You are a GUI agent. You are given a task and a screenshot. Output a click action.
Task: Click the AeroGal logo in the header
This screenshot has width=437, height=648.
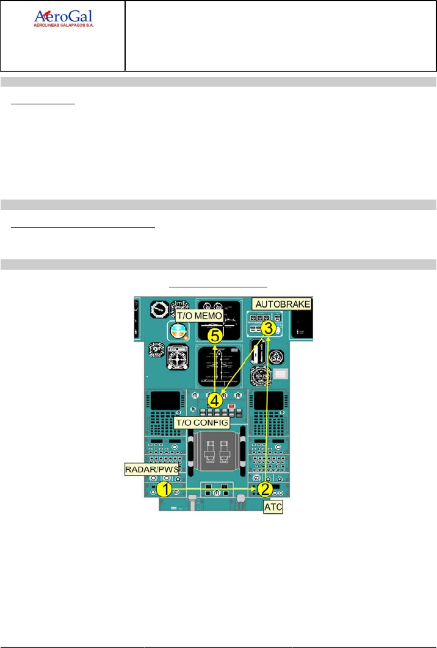[x=63, y=19]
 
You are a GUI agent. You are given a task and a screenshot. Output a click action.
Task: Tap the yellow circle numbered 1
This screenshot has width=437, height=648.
[x=163, y=489]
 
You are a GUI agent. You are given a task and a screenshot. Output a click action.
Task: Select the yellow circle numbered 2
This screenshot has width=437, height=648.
[x=264, y=489]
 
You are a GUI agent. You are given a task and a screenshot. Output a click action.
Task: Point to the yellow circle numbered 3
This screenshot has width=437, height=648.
[x=267, y=327]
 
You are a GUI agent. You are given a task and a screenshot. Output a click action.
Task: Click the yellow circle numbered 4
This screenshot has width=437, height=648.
[x=215, y=400]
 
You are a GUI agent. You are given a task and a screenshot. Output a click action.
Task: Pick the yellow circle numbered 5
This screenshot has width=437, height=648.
[x=214, y=335]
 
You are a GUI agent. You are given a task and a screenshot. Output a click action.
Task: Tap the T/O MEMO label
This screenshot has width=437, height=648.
[x=198, y=316]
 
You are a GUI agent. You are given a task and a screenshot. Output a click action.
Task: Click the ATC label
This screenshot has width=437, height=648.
[x=273, y=507]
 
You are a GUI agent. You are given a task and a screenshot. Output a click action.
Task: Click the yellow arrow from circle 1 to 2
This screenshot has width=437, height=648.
[x=214, y=489]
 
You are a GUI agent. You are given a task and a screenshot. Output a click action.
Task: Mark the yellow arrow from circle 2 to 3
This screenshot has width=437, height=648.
[x=267, y=409]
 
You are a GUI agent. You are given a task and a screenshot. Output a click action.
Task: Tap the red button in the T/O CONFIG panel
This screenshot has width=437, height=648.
[x=232, y=406]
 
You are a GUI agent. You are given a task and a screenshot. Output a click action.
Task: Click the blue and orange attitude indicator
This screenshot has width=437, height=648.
[x=178, y=331]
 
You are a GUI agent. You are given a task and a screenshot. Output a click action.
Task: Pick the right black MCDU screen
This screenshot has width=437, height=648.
[x=268, y=401]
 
